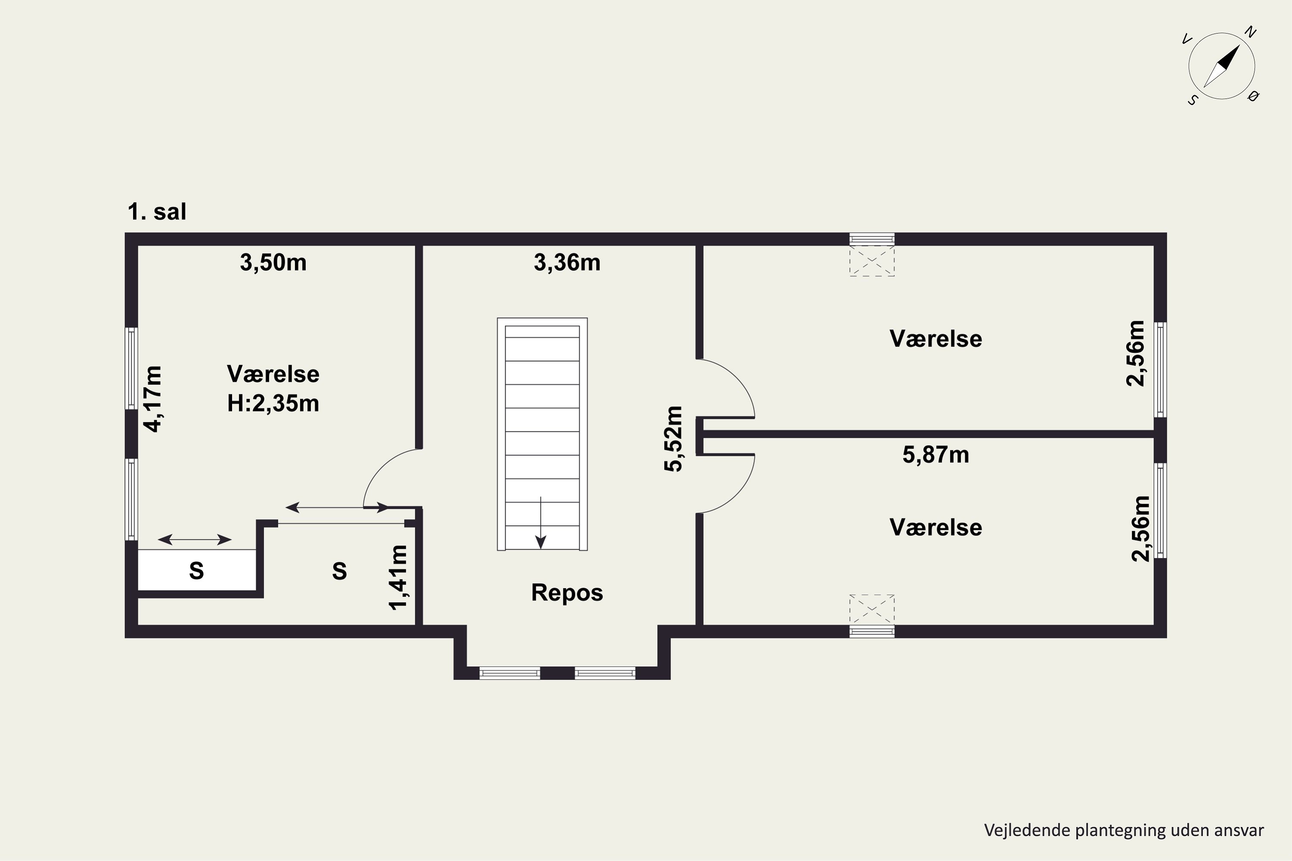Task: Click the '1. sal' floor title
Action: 157,211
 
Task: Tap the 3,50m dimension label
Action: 273,263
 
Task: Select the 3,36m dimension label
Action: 567,263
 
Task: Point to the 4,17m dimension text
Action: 153,399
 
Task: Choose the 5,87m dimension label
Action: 935,455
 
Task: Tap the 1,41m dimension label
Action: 398,578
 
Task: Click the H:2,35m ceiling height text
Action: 273,404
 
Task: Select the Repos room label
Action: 567,592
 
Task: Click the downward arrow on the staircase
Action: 540,523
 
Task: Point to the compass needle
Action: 1222,66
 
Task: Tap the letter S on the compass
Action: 1193,100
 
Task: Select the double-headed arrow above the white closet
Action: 195,540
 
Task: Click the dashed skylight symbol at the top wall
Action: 872,261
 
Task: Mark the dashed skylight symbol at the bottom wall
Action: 872,610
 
